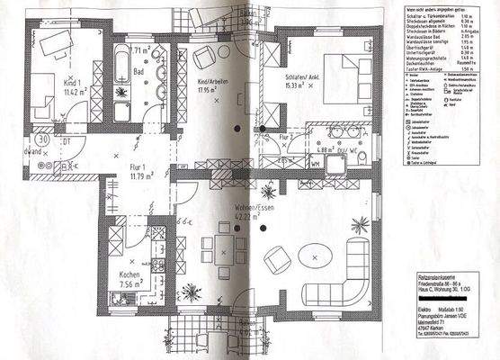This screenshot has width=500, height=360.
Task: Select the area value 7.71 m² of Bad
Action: coord(141,51)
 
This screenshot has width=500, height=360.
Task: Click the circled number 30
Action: coord(41,139)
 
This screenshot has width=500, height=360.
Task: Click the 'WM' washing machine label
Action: coord(317,166)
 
